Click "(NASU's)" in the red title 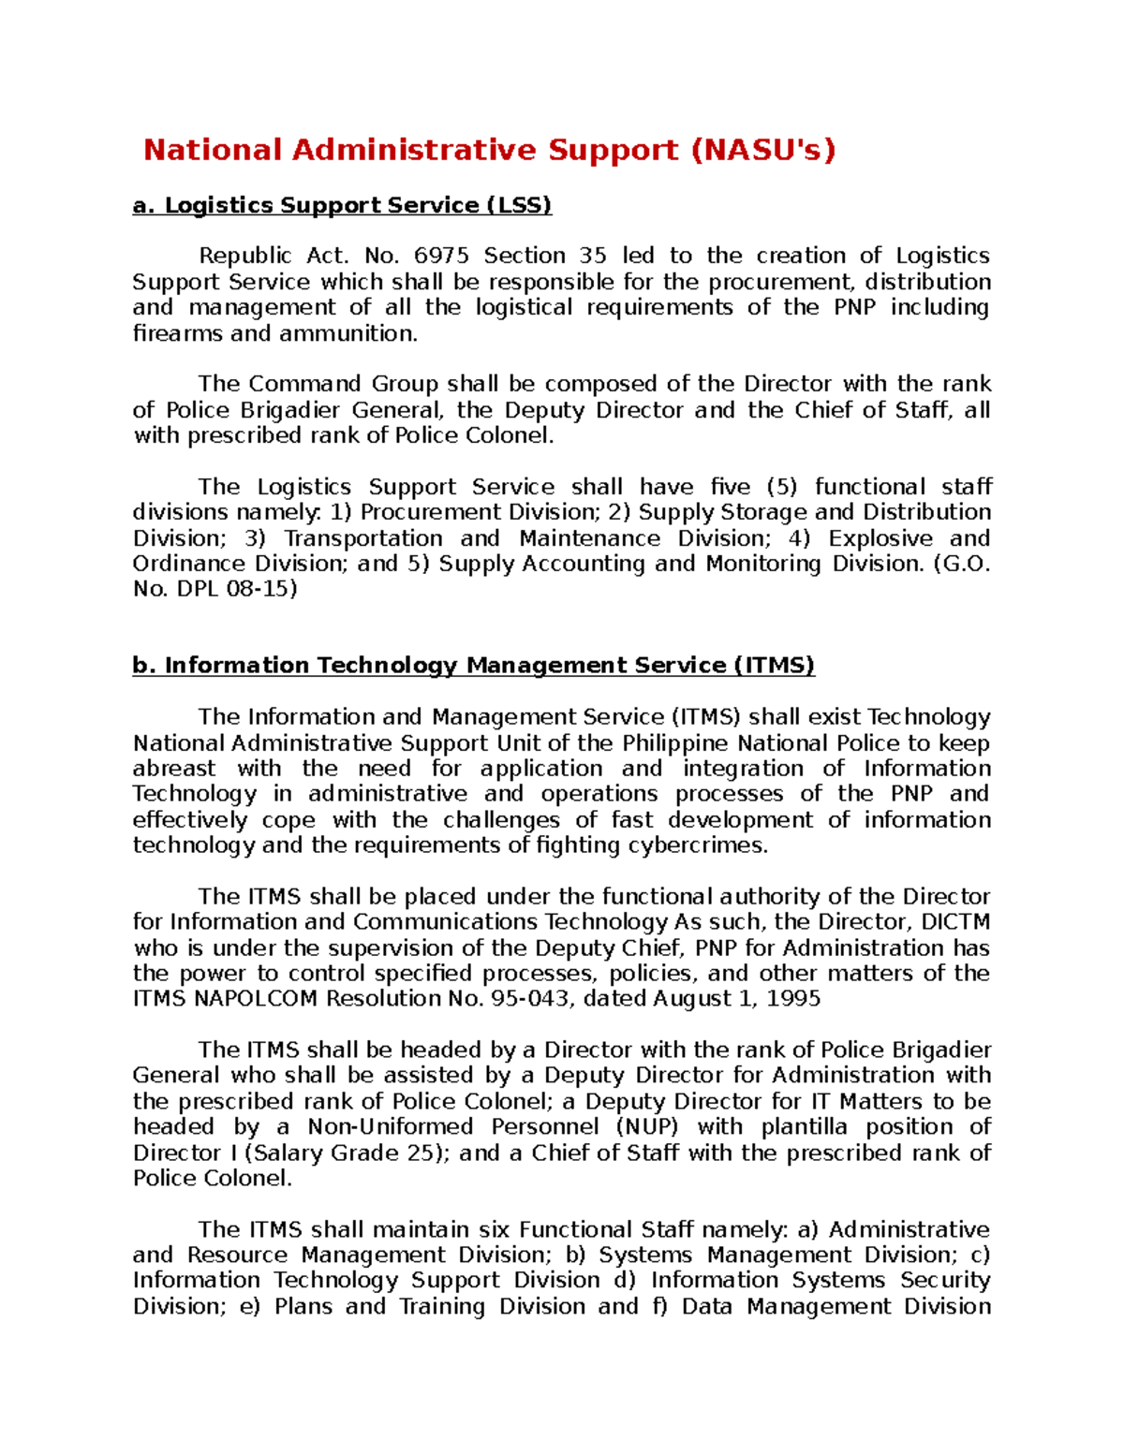tap(762, 150)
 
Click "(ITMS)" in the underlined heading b tap(774, 666)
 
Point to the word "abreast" tap(174, 769)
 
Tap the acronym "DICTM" tap(955, 922)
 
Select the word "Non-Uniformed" tap(391, 1127)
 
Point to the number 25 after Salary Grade tap(424, 1153)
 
